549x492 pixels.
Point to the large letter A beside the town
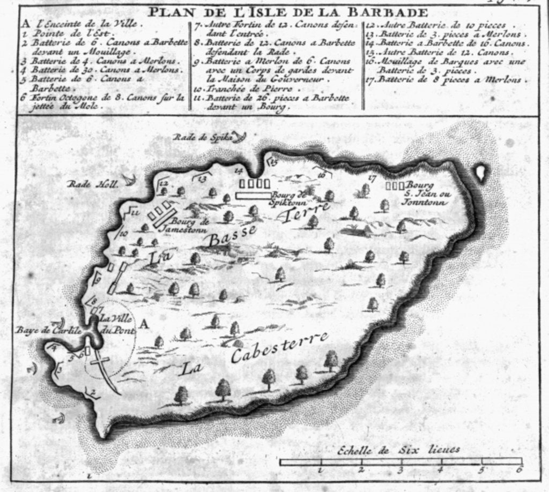pos(144,323)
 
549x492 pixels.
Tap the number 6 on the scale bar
pos(518,470)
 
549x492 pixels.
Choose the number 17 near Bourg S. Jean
pos(373,177)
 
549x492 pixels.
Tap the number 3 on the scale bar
pos(400,470)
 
